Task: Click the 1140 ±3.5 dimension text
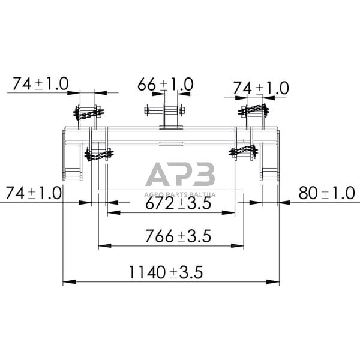165,272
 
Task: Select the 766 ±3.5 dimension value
177,236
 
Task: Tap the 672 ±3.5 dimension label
177,204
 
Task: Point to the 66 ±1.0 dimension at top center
165,85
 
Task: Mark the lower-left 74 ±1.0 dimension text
33,193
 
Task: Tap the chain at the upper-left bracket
88,113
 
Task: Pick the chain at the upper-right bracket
253,109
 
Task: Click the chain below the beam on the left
98,155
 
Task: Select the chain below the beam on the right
243,149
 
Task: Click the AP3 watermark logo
180,176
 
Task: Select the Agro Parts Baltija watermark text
180,194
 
